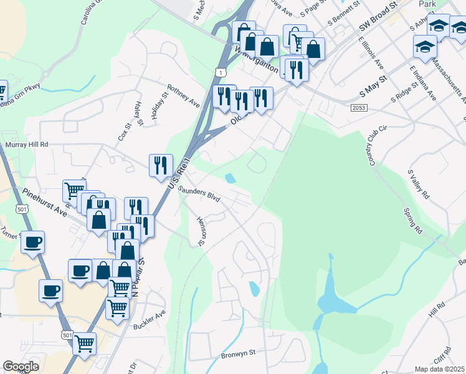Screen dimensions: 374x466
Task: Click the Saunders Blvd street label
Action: [200, 193]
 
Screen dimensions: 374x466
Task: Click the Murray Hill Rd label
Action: [27, 144]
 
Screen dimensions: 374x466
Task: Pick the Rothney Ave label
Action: [183, 95]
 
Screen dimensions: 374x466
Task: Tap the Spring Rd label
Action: [412, 221]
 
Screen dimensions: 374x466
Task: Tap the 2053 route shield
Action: [358, 108]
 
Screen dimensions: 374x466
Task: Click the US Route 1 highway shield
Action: [220, 73]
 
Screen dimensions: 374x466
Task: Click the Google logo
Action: [21, 367]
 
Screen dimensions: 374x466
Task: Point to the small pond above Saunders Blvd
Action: [231, 178]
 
